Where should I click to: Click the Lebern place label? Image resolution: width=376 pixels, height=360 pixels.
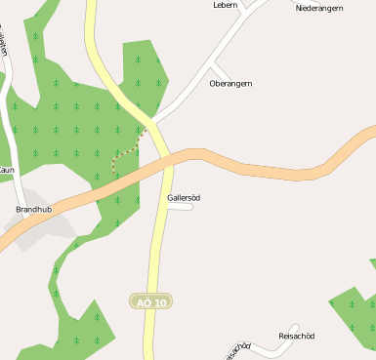pyautogui.click(x=225, y=5)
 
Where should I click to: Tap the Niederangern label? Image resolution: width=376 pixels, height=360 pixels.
pyautogui.click(x=319, y=8)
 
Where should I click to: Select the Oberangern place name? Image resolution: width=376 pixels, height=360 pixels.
pyautogui.click(x=230, y=84)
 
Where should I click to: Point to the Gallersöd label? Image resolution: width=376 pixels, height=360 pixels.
pyautogui.click(x=183, y=197)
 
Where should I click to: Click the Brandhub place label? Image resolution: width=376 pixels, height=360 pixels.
pyautogui.click(x=33, y=209)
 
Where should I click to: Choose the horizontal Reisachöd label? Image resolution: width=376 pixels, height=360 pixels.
pyautogui.click(x=297, y=337)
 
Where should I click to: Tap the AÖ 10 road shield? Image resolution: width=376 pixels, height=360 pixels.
pyautogui.click(x=150, y=302)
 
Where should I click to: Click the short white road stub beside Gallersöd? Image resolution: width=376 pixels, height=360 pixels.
pyautogui.click(x=181, y=206)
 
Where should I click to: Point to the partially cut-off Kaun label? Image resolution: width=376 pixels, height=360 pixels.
pyautogui.click(x=7, y=170)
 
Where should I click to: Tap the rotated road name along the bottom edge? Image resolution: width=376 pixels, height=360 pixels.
pyautogui.click(x=237, y=350)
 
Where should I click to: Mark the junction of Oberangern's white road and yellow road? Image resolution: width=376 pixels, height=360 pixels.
pyautogui.click(x=154, y=120)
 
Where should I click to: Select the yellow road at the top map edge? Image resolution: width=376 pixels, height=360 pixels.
pyautogui.click(x=91, y=6)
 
